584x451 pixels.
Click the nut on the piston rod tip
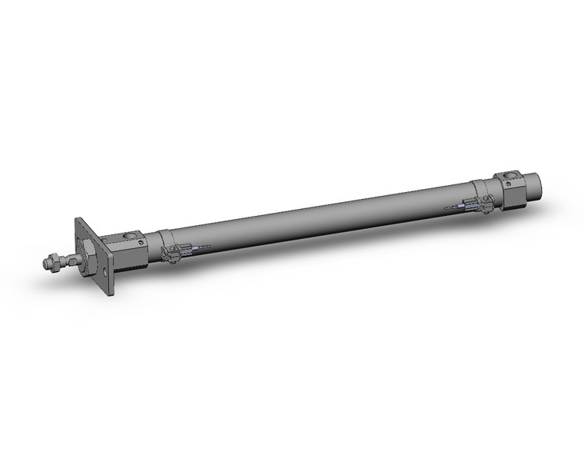click(51, 264)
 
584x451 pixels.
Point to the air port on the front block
click(128, 234)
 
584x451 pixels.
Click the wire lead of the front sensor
click(200, 247)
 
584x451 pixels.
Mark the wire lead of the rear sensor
click(455, 207)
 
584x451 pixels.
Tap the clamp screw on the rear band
click(489, 205)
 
